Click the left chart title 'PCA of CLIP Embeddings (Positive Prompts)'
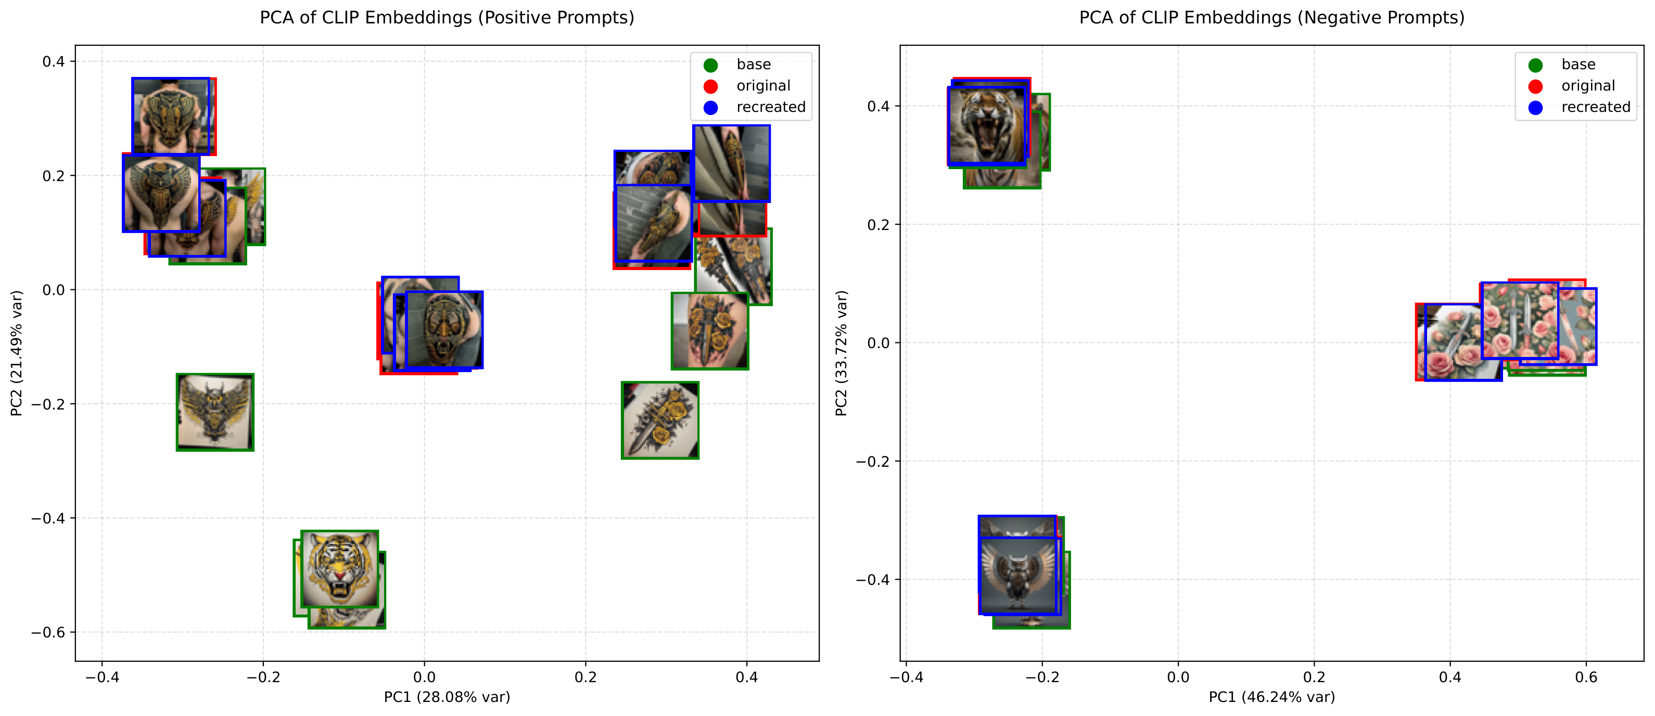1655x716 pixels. point(447,17)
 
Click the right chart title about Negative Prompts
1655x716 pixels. point(1271,17)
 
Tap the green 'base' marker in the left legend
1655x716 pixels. point(710,65)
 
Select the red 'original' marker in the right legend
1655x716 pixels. point(1535,86)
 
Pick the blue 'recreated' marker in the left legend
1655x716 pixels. point(710,107)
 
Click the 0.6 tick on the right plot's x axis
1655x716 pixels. point(1586,677)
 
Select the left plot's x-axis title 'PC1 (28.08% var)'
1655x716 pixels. point(447,697)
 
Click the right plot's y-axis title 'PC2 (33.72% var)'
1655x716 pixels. point(841,353)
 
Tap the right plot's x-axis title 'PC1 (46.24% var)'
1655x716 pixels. point(1271,697)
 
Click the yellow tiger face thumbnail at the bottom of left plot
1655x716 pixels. point(339,569)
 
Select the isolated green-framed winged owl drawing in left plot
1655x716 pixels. point(215,412)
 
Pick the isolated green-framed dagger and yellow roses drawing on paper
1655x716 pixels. point(660,420)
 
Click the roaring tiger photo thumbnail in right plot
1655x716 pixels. point(987,126)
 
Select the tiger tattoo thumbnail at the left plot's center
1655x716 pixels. point(444,329)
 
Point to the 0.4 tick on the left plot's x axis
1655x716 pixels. point(746,677)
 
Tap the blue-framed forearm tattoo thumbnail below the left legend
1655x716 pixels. point(731,163)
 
